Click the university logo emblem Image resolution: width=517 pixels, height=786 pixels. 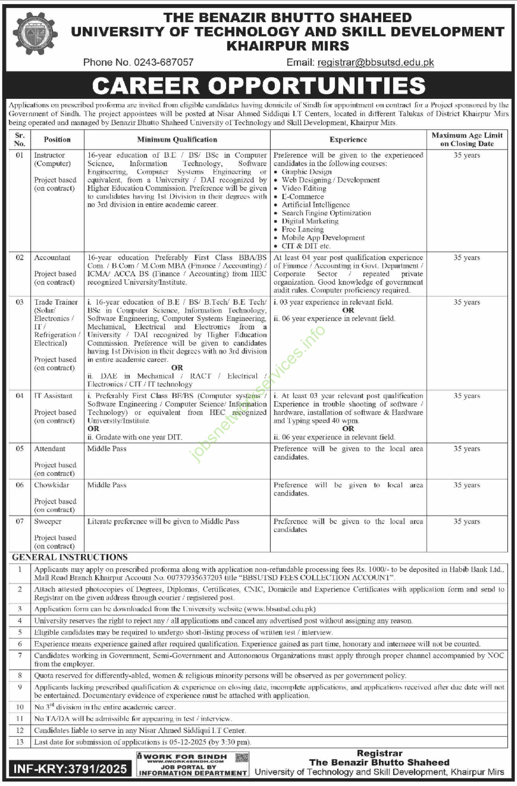(35, 33)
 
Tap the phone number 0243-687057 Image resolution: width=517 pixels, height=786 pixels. (164, 62)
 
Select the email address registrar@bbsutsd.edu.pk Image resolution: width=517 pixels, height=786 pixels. (375, 62)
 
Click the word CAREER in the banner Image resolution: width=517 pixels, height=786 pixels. (145, 86)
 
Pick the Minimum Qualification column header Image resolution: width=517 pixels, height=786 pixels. (177, 140)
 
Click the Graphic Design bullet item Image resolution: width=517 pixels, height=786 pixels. (306, 172)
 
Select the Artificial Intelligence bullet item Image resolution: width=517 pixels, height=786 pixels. (315, 205)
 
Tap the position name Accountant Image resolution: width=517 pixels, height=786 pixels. (52, 257)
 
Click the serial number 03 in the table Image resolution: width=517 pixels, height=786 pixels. (19, 302)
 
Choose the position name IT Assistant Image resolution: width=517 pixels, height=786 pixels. (53, 396)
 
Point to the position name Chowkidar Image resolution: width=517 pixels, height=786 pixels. (51, 485)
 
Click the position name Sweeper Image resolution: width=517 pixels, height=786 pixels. (48, 521)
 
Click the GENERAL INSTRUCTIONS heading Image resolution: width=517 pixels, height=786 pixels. (70, 557)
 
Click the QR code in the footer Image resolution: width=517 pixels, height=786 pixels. (242, 757)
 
